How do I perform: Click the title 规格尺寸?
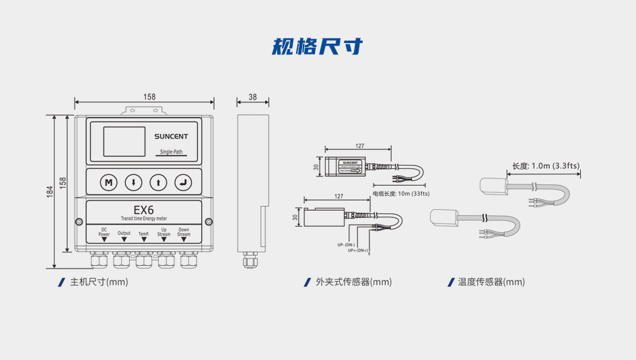pos(318,46)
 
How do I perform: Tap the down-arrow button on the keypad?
pos(133,182)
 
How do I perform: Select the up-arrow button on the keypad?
pos(158,182)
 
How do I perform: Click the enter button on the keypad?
pos(183,182)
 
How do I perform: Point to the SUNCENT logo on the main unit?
pos(171,136)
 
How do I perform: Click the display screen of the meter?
pos(124,141)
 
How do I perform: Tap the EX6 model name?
pos(144,209)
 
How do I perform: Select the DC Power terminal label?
pos(104,232)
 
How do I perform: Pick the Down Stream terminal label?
pos(184,232)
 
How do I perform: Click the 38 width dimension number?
pos(252,97)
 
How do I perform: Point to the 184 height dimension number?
pos(50,192)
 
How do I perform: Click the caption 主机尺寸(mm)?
pos(99,282)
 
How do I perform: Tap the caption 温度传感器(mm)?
pos(491,282)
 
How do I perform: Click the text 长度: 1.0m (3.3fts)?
pos(546,166)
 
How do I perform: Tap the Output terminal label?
pos(124,233)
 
